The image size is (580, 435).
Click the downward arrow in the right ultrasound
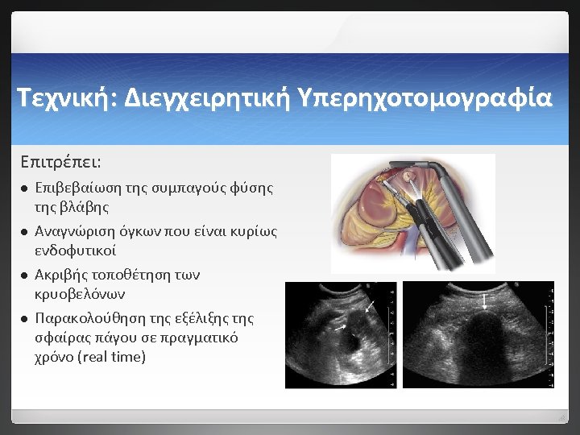[x=484, y=302]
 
